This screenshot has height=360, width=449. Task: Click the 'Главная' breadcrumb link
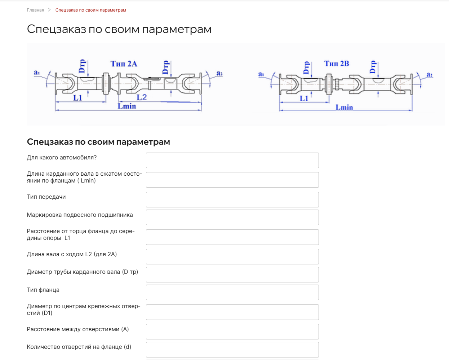[x=35, y=10]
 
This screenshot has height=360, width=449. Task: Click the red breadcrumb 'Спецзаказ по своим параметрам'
[x=90, y=10]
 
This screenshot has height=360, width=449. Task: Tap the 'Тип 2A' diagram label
[x=124, y=64]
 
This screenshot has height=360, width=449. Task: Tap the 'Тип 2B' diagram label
[x=336, y=63]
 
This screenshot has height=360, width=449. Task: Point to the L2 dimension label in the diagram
[x=142, y=97]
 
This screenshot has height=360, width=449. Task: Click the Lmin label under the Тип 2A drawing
[x=127, y=106]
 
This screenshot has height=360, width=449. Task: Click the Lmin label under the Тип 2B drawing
[x=344, y=107]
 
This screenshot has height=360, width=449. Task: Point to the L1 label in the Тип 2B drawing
[x=304, y=98]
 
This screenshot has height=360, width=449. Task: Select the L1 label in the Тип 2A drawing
[x=78, y=98]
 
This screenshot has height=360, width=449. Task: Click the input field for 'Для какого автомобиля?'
[x=232, y=160]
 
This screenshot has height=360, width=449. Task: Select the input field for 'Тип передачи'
[x=232, y=199]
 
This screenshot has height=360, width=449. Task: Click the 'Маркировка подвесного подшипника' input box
[x=232, y=217]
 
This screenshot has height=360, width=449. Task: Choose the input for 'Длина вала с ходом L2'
[x=232, y=256]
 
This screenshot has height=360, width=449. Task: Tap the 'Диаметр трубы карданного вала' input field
[x=232, y=275]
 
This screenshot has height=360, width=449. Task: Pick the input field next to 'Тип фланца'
[x=232, y=292]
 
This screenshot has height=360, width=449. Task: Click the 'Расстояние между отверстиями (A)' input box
[x=232, y=332]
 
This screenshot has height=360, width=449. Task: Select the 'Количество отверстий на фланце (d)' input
[x=232, y=350]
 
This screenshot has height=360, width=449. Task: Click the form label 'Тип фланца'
[x=43, y=290]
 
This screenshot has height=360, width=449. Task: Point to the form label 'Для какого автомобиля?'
[x=62, y=158]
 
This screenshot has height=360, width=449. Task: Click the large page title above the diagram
[x=119, y=29]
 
